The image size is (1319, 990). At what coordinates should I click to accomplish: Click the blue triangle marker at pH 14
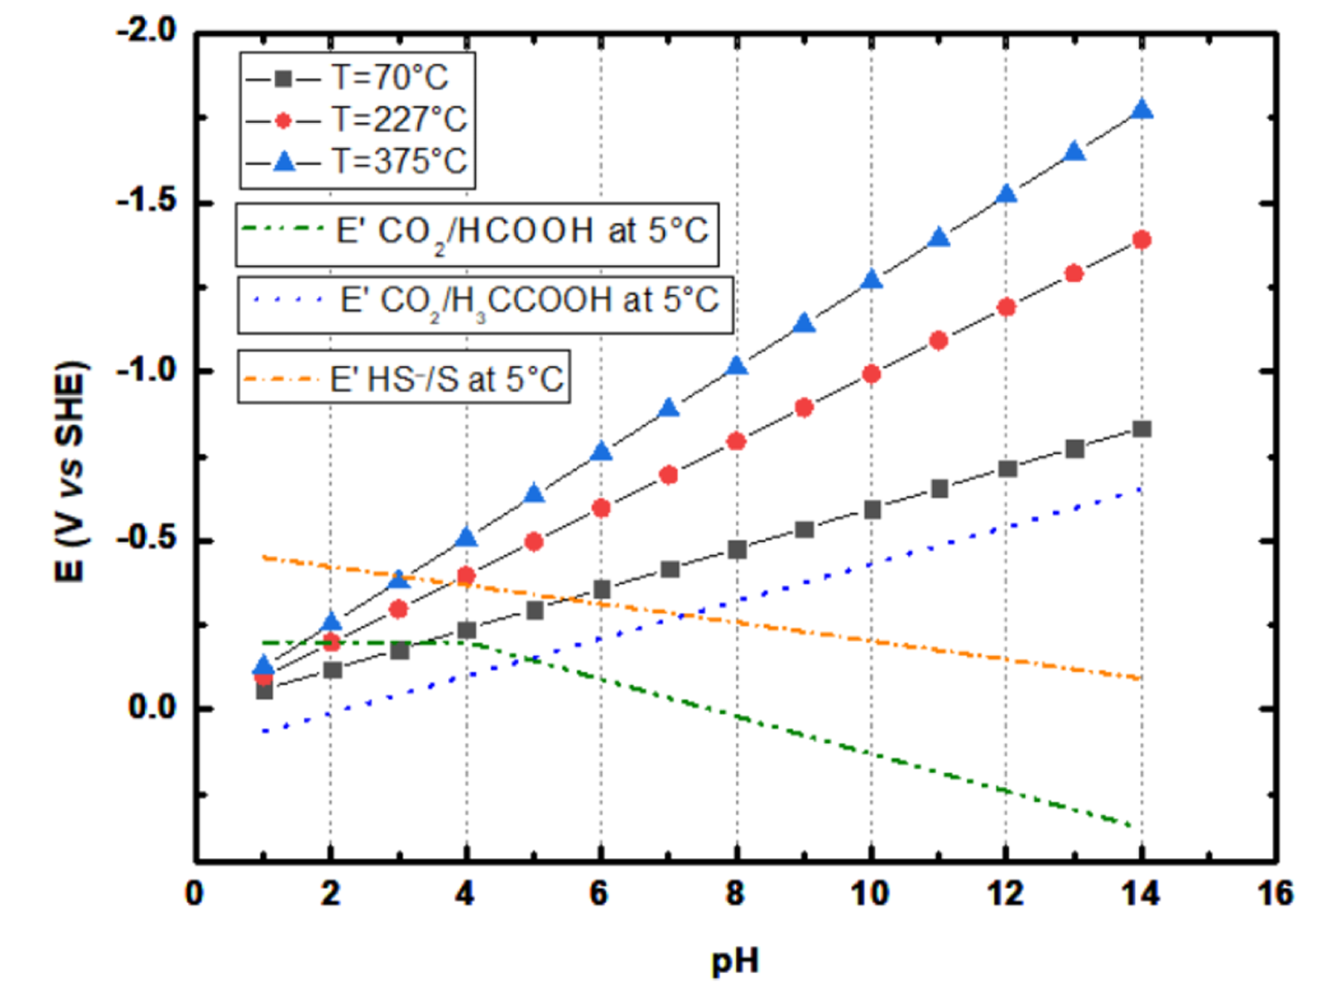(1142, 110)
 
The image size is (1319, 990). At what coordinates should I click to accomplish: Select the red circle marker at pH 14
(1142, 240)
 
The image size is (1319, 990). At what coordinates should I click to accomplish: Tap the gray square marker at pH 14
(1142, 429)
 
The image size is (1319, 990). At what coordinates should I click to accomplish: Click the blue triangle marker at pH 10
(872, 280)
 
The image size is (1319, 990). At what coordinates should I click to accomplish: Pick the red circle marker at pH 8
(737, 441)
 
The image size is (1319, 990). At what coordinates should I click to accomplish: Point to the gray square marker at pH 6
(602, 590)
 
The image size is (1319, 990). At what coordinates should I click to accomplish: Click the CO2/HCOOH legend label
(522, 232)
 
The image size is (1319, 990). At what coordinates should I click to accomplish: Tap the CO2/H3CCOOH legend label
(529, 301)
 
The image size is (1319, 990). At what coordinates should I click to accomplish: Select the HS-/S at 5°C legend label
(446, 380)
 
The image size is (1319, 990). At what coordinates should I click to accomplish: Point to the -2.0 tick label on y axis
(147, 31)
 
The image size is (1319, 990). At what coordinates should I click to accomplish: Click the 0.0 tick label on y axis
(152, 708)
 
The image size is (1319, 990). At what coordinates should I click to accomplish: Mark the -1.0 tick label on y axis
(147, 370)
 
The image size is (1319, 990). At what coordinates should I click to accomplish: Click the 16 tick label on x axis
(1276, 893)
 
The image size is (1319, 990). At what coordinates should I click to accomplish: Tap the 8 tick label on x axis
(736, 893)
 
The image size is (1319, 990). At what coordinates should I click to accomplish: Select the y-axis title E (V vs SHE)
(71, 471)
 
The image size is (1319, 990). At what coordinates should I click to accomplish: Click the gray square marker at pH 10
(872, 510)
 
